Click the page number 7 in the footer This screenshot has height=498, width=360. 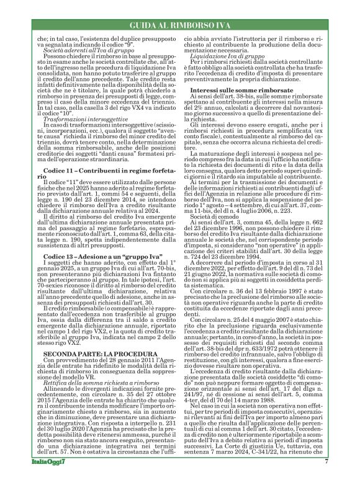326,479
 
